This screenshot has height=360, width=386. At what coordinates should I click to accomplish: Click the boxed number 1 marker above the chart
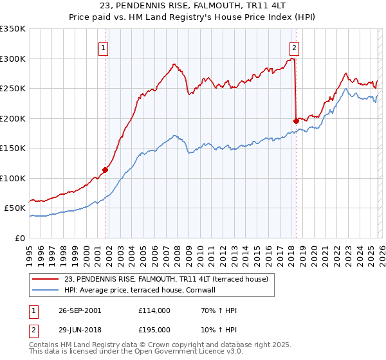[103, 47]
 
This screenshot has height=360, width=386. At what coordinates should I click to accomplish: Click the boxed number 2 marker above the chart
[294, 47]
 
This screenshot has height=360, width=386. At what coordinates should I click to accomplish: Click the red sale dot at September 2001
[106, 170]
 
